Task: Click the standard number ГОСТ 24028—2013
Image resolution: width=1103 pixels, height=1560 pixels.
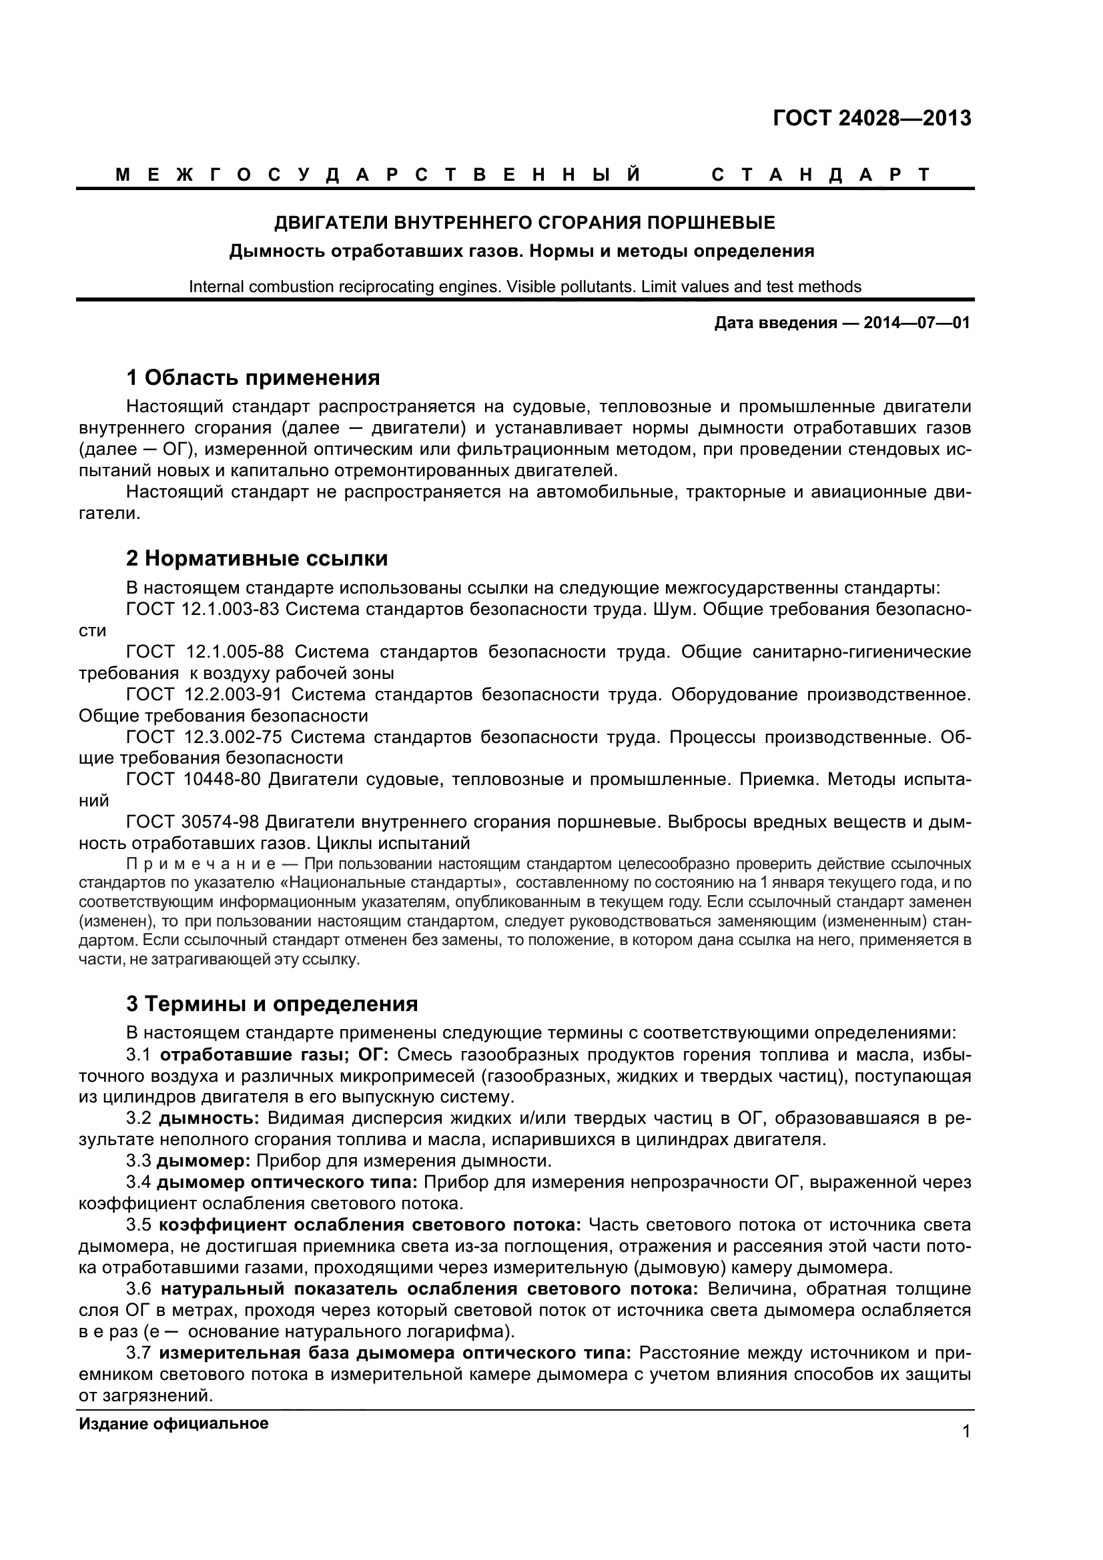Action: point(872,118)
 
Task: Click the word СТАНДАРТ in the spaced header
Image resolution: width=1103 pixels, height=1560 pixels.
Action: point(820,175)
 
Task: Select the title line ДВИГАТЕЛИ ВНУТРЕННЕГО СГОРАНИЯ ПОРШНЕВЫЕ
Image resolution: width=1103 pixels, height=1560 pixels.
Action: point(524,222)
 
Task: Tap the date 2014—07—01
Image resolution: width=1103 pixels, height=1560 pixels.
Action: point(916,323)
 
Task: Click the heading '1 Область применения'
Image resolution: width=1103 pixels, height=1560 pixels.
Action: point(253,377)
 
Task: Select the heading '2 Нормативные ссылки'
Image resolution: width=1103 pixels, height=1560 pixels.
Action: point(257,558)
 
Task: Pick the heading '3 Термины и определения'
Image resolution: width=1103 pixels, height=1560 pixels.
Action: point(272,1004)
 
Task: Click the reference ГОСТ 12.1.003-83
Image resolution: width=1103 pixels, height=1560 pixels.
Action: point(203,609)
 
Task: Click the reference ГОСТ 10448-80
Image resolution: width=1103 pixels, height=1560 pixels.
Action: point(193,779)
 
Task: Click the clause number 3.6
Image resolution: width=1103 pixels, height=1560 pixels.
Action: point(138,1289)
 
